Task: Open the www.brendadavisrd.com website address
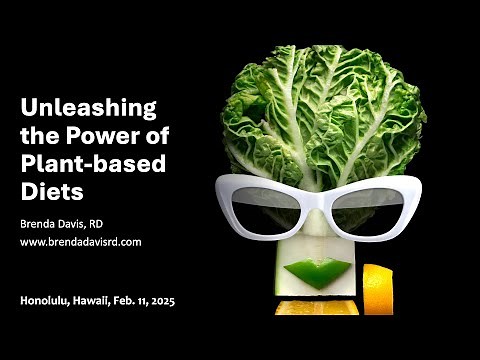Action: [x=81, y=242]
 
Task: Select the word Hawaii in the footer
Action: [x=90, y=299]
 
